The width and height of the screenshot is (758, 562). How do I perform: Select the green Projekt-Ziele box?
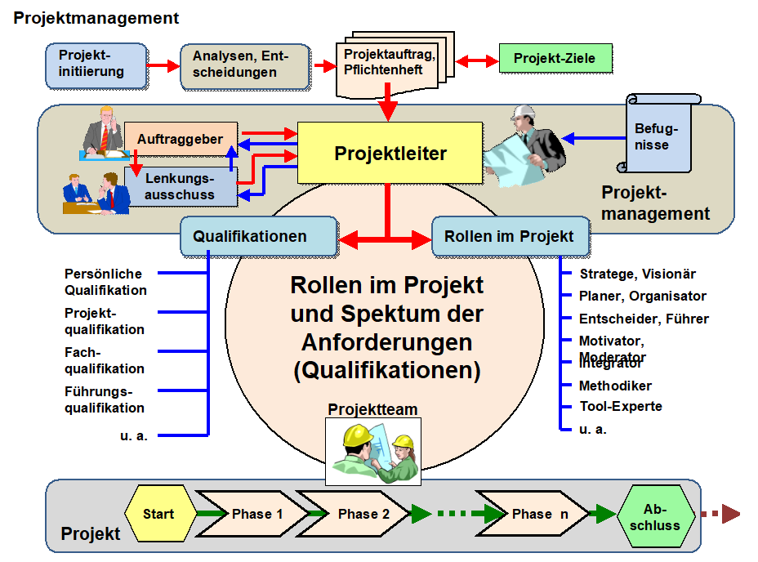pyautogui.click(x=555, y=59)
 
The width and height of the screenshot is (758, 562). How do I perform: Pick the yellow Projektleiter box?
pyautogui.click(x=390, y=153)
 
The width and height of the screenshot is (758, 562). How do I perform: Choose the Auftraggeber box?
pyautogui.click(x=180, y=140)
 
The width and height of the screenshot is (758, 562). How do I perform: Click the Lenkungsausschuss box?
pyautogui.click(x=180, y=186)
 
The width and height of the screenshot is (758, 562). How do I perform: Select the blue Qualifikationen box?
pyautogui.click(x=258, y=237)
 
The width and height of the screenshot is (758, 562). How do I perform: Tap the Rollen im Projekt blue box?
pyautogui.click(x=510, y=237)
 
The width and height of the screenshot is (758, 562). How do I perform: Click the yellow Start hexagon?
pyautogui.click(x=158, y=514)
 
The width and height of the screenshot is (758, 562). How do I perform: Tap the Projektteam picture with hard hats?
pyautogui.click(x=373, y=451)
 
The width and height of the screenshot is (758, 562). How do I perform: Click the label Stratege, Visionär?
pyautogui.click(x=637, y=274)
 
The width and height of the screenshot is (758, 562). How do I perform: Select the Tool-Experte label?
pyautogui.click(x=620, y=406)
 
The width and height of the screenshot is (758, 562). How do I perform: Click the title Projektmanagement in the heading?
pyautogui.click(x=96, y=18)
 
